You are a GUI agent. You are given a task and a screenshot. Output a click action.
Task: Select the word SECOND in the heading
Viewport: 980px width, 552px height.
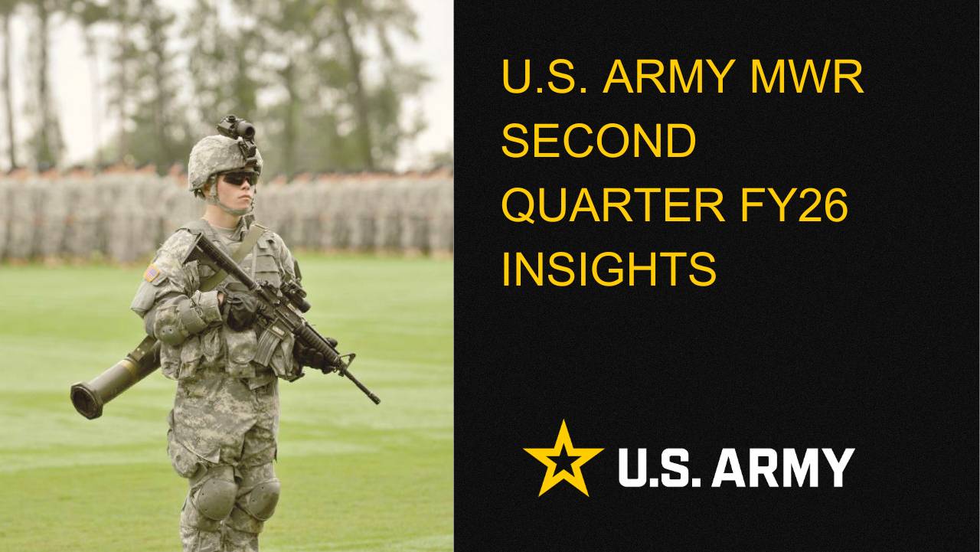[599, 142]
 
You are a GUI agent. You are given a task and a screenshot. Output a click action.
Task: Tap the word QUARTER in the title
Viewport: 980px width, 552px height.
[614, 206]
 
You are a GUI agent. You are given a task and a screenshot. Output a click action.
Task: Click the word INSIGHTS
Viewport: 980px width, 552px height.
[609, 269]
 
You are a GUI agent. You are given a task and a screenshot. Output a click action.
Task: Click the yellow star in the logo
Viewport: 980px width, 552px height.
[563, 459]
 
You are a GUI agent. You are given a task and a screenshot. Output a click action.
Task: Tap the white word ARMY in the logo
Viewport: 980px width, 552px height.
[782, 468]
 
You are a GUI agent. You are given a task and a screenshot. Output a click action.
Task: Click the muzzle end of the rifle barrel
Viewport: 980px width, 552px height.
[374, 399]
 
